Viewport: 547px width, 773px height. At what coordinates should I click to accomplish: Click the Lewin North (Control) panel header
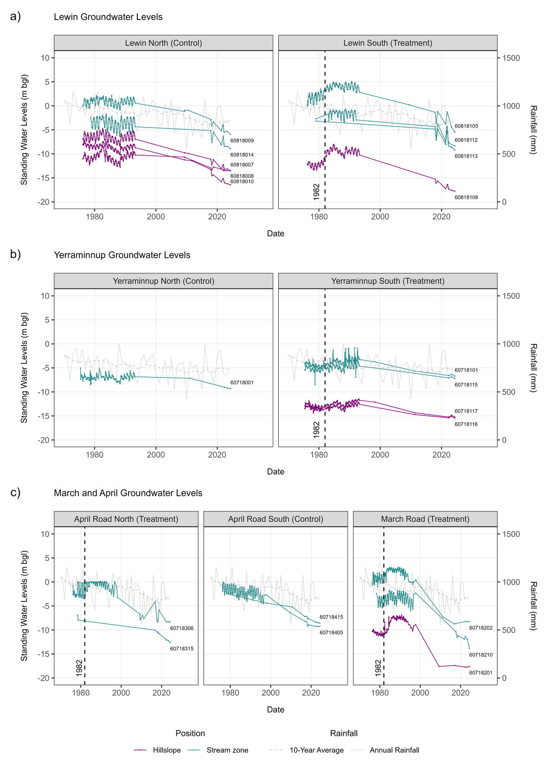163,43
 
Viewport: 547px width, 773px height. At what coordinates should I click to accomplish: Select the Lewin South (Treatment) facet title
387,43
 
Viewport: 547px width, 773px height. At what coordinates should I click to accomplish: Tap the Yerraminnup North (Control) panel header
163,281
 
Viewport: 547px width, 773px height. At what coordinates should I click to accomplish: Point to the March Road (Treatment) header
425,519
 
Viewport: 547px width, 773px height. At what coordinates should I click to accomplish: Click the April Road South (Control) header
276,519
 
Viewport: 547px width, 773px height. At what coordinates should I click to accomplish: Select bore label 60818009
242,141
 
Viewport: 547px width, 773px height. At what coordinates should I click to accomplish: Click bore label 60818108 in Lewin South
466,198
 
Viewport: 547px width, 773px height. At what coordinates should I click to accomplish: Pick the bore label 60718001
242,383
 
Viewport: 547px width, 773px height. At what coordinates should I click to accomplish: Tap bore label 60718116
466,424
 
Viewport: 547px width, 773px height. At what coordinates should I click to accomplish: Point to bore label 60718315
181,649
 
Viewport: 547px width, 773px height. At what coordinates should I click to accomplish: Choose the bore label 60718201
481,673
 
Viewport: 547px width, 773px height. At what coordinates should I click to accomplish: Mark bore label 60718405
331,632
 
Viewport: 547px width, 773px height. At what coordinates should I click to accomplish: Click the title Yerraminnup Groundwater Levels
122,255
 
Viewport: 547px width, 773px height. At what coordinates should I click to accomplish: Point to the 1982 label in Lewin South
316,192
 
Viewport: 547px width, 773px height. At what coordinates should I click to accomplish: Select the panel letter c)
15,492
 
